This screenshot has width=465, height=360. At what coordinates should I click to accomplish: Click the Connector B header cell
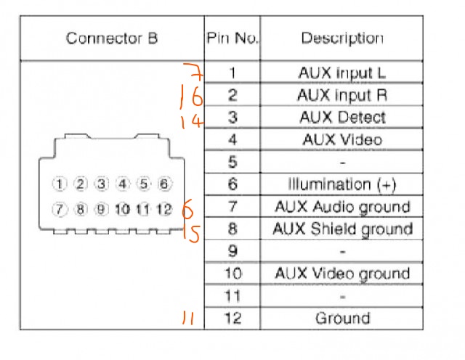(112, 38)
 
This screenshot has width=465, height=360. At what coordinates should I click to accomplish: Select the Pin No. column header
(232, 38)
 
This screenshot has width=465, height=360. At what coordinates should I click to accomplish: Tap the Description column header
(342, 38)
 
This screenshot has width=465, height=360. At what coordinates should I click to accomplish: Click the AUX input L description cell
(342, 73)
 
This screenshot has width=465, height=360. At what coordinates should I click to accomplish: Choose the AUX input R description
(342, 95)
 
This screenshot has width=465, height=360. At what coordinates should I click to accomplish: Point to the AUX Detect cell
(342, 118)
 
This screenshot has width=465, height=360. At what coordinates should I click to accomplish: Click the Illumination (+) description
(342, 184)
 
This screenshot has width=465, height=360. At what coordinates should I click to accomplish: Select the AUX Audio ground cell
(342, 207)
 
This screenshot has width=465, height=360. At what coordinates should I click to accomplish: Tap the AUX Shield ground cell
(342, 229)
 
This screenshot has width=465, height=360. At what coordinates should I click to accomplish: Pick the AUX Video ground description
(342, 274)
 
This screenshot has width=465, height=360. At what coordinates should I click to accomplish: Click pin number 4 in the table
(232, 139)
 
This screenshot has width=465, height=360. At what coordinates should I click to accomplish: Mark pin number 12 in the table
(233, 318)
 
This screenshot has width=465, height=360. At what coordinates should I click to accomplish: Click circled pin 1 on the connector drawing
(60, 184)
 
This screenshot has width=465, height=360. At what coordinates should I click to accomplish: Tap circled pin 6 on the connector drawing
(164, 184)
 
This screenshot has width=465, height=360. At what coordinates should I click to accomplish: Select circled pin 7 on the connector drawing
(60, 209)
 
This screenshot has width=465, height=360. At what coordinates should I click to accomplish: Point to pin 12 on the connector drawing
(164, 209)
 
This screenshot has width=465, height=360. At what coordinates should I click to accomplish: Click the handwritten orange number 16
(191, 97)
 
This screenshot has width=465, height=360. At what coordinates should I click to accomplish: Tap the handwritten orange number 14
(192, 121)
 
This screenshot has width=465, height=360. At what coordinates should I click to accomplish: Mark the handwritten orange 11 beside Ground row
(188, 318)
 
